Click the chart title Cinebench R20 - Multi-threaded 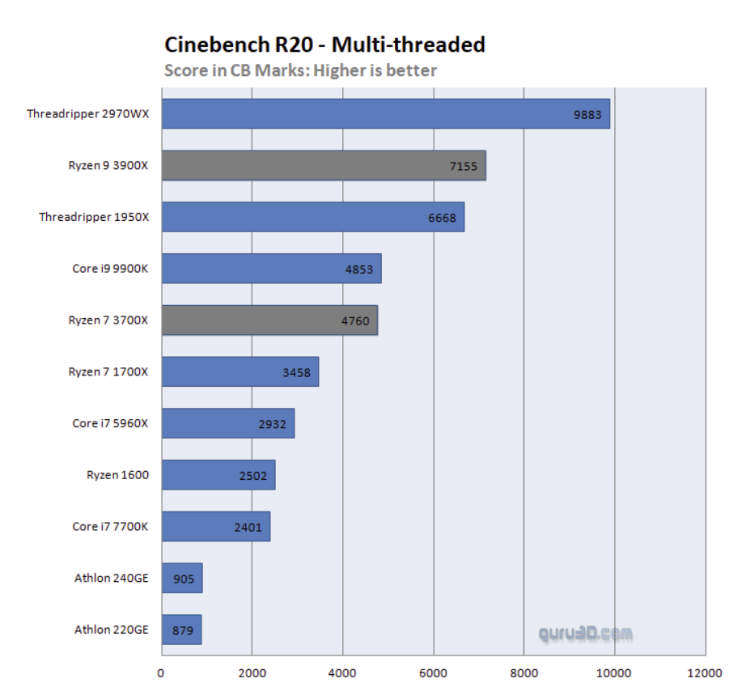(x=324, y=44)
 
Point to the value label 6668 (x=442, y=217)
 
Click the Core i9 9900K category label (x=110, y=269)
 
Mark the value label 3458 (x=296, y=372)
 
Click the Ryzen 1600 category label (x=117, y=475)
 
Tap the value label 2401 (x=248, y=527)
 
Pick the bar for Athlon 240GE (x=182, y=579)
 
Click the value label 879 (x=183, y=630)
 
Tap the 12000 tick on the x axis (x=704, y=672)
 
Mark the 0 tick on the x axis (x=161, y=672)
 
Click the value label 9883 (x=587, y=114)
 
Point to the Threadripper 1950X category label (x=94, y=217)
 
